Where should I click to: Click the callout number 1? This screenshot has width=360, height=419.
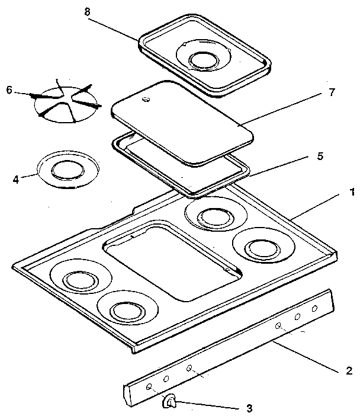tap(352, 191)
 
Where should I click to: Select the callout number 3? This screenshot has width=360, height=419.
tap(249, 408)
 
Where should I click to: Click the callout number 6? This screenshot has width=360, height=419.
tap(8, 91)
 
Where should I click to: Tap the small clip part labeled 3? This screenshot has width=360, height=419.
tap(169, 402)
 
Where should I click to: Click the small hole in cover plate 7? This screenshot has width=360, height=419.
tap(146, 101)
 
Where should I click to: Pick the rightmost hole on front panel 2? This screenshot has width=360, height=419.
tap(315, 309)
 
